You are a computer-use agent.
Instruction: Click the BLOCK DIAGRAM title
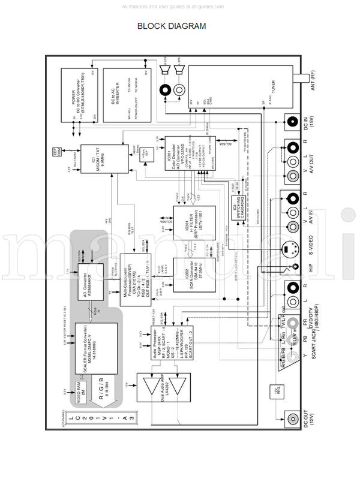pyautogui.click(x=172, y=26)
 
